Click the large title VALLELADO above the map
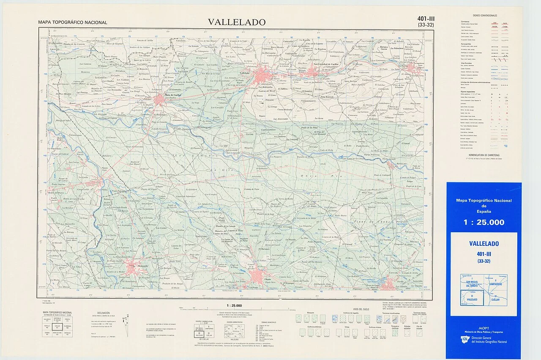tap(236, 22)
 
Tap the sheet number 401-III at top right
tap(426, 19)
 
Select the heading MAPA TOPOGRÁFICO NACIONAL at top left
tap(72, 22)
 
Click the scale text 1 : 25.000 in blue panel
tap(484, 223)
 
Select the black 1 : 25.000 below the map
tap(234, 305)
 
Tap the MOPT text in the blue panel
tap(484, 328)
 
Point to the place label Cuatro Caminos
tap(268, 129)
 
